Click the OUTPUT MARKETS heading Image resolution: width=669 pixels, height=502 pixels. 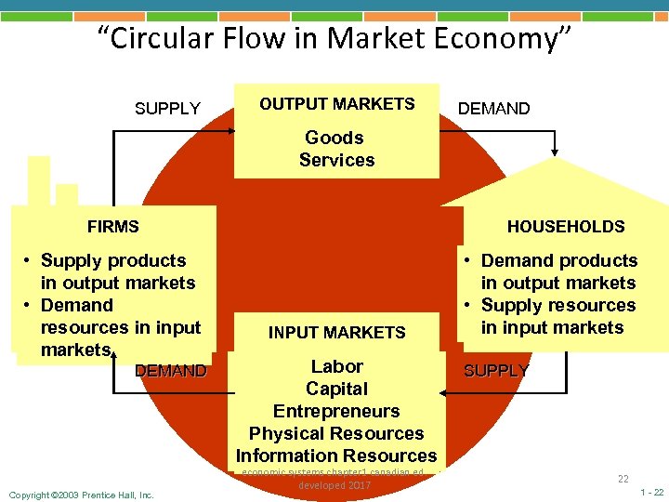tap(336, 104)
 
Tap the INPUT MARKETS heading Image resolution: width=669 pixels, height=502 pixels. tap(336, 332)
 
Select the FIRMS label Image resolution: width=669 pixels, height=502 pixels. tap(112, 226)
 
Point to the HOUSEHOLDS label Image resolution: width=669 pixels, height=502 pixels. tap(565, 226)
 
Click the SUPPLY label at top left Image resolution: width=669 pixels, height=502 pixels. tap(167, 109)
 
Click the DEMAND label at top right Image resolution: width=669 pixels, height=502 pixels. tap(494, 109)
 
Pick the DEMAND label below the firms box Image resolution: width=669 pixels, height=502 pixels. tap(170, 371)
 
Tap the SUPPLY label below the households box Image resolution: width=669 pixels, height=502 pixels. tap(496, 371)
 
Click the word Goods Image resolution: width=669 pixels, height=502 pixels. tap(334, 138)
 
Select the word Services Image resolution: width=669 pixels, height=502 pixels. tap(336, 160)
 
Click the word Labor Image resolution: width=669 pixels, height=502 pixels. tap(336, 366)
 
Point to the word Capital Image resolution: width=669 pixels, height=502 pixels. tap(336, 389)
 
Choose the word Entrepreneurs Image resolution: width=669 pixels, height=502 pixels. tap(336, 411)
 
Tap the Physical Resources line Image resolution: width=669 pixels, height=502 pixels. tap(336, 433)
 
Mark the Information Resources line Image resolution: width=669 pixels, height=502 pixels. tap(336, 456)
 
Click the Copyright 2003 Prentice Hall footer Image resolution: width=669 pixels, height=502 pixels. tap(80, 494)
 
